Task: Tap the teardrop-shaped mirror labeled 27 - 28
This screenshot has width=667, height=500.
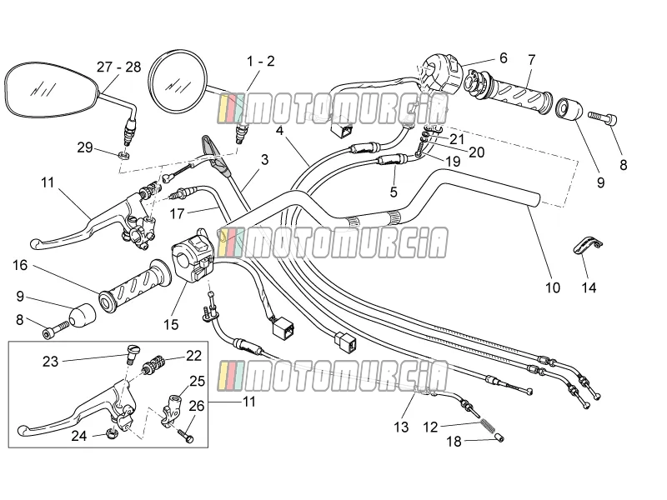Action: [x=50, y=89]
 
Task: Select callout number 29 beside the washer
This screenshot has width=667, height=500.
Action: [x=85, y=147]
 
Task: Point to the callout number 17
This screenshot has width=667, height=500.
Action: [x=178, y=213]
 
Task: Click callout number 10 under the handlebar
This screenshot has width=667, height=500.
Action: [x=553, y=287]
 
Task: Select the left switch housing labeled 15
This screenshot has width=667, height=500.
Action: [x=194, y=260]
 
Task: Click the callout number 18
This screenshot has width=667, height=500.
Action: [x=454, y=442]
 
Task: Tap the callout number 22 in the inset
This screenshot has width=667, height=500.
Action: [x=193, y=355]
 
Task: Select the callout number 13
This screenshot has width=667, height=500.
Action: [x=401, y=427]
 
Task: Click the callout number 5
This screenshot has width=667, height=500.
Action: [x=394, y=192]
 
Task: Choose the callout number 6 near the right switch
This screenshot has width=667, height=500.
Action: [x=504, y=57]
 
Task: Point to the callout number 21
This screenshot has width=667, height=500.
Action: [x=457, y=139]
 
